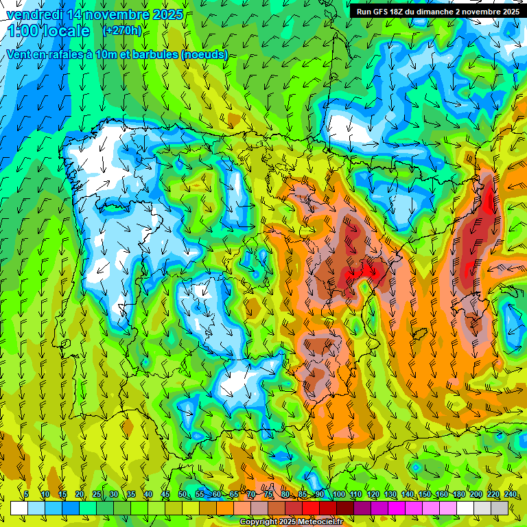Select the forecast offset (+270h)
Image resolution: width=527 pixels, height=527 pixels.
122,30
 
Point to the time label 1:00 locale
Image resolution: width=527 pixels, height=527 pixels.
49,31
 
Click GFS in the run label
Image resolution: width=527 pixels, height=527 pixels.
382,12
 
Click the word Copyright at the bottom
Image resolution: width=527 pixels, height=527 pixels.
258,522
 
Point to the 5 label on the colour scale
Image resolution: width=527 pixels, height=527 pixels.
26,495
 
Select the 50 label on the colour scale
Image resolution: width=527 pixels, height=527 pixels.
183,495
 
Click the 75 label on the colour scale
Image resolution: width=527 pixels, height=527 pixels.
268,495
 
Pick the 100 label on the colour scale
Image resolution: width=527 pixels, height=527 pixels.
338,495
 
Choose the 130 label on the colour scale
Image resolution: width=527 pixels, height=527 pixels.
390,495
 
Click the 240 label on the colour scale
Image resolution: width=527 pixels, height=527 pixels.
511,495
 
